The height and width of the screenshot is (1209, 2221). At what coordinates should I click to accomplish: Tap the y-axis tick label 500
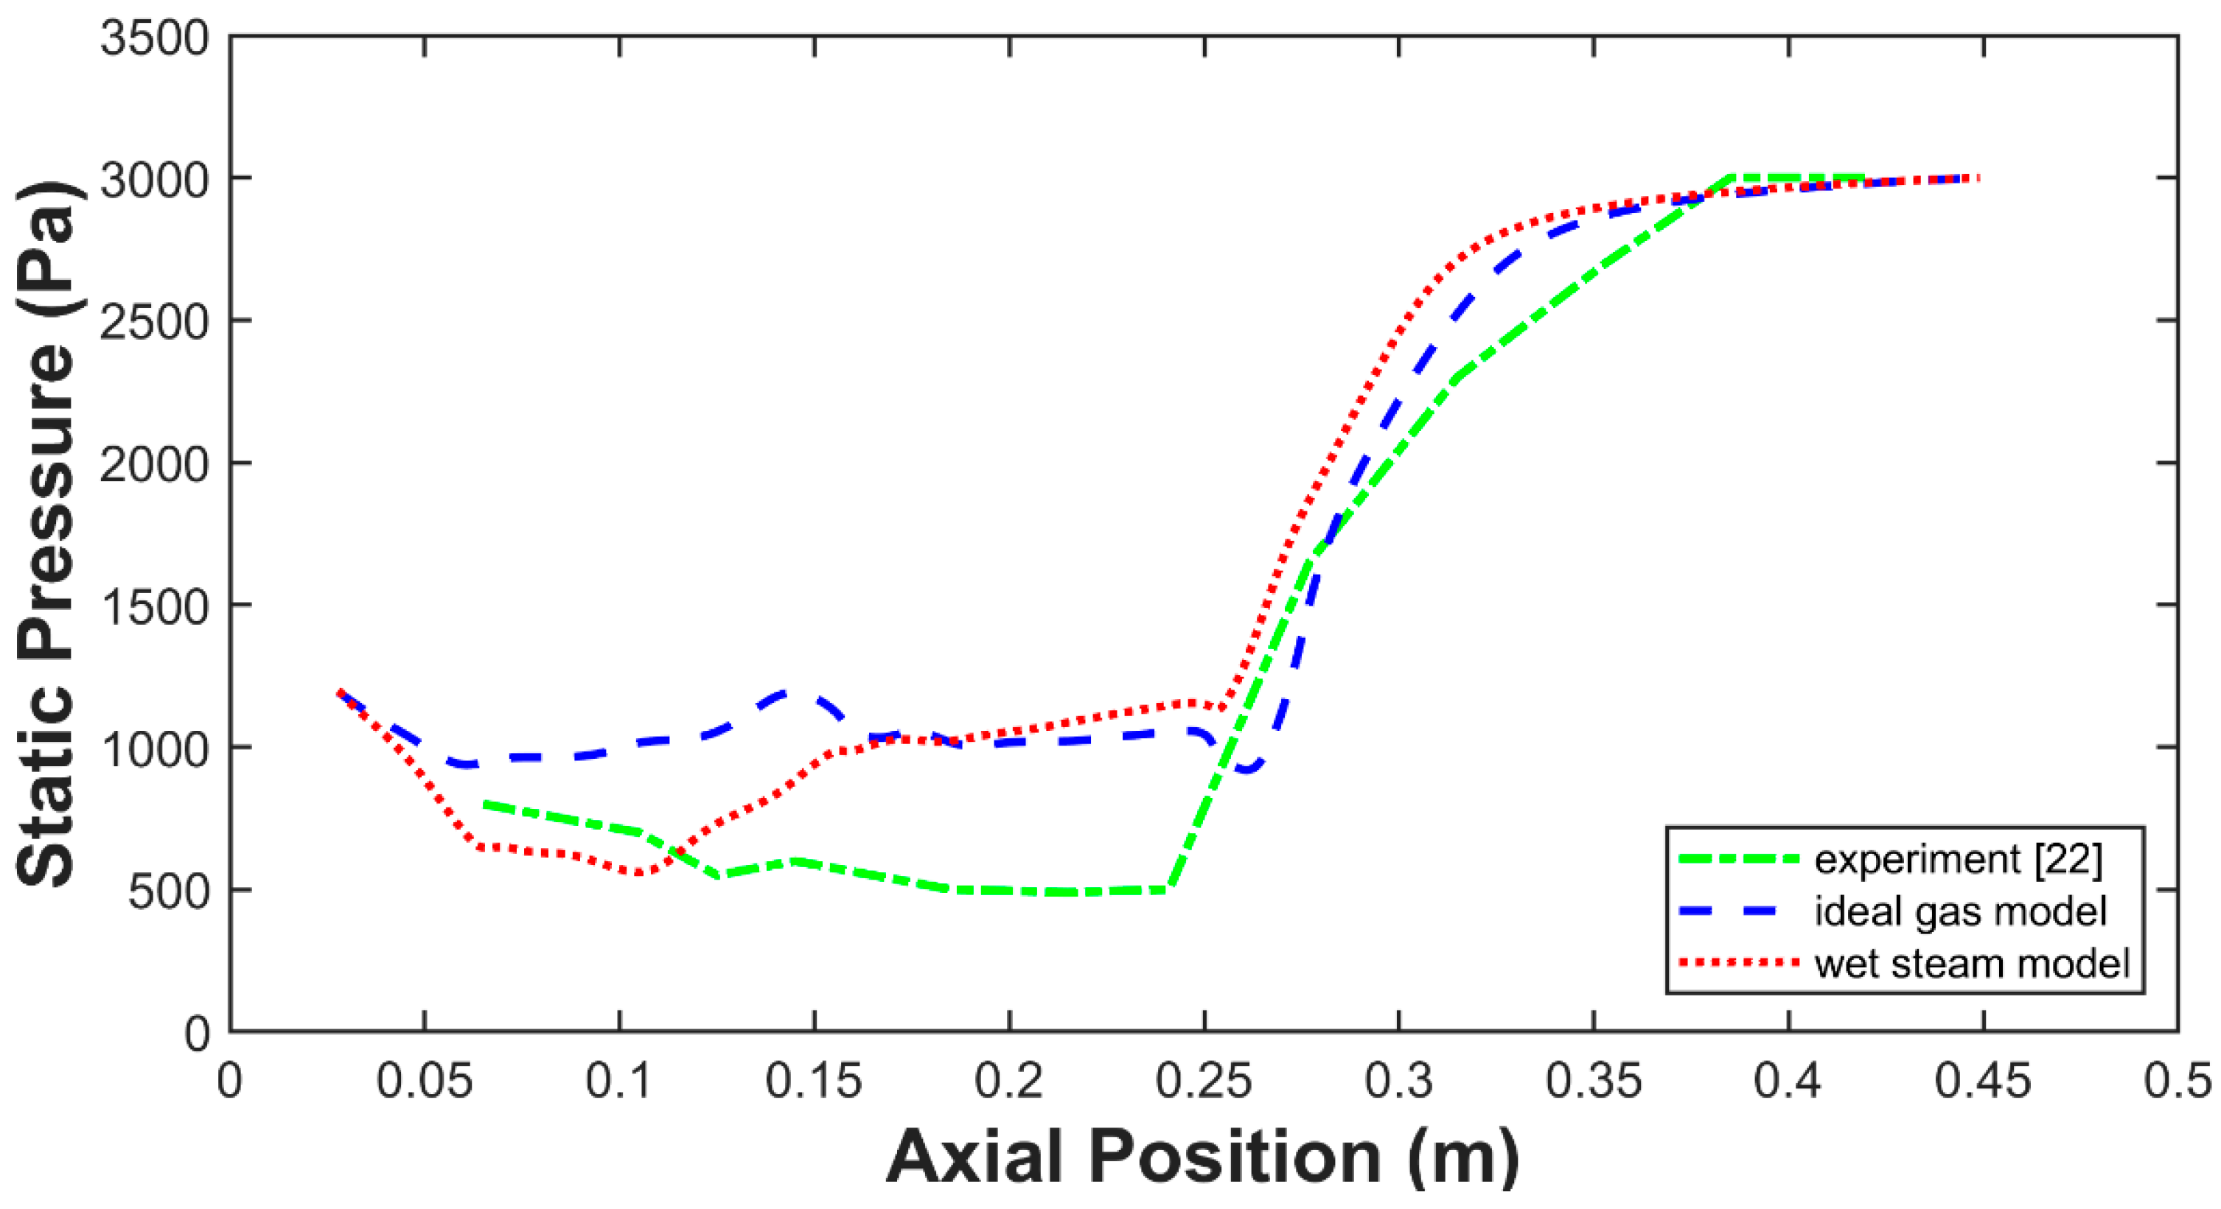pyautogui.click(x=169, y=893)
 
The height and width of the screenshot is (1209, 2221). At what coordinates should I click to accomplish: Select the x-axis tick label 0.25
pyautogui.click(x=1204, y=1081)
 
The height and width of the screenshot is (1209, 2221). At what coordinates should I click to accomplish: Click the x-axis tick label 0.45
pyautogui.click(x=1983, y=1081)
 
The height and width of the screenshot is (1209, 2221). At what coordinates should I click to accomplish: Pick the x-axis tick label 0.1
pyautogui.click(x=619, y=1081)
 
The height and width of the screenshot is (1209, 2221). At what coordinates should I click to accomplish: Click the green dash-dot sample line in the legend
pyautogui.click(x=1738, y=859)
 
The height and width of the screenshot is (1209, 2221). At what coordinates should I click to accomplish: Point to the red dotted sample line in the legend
pyautogui.click(x=1738, y=962)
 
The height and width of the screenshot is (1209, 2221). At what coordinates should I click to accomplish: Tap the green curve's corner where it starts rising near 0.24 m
pyautogui.click(x=1168, y=889)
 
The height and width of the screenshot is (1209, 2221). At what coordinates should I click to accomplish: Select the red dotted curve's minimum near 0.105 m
pyautogui.click(x=639, y=874)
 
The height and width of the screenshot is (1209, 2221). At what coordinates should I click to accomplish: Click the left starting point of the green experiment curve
pyautogui.click(x=486, y=803)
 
